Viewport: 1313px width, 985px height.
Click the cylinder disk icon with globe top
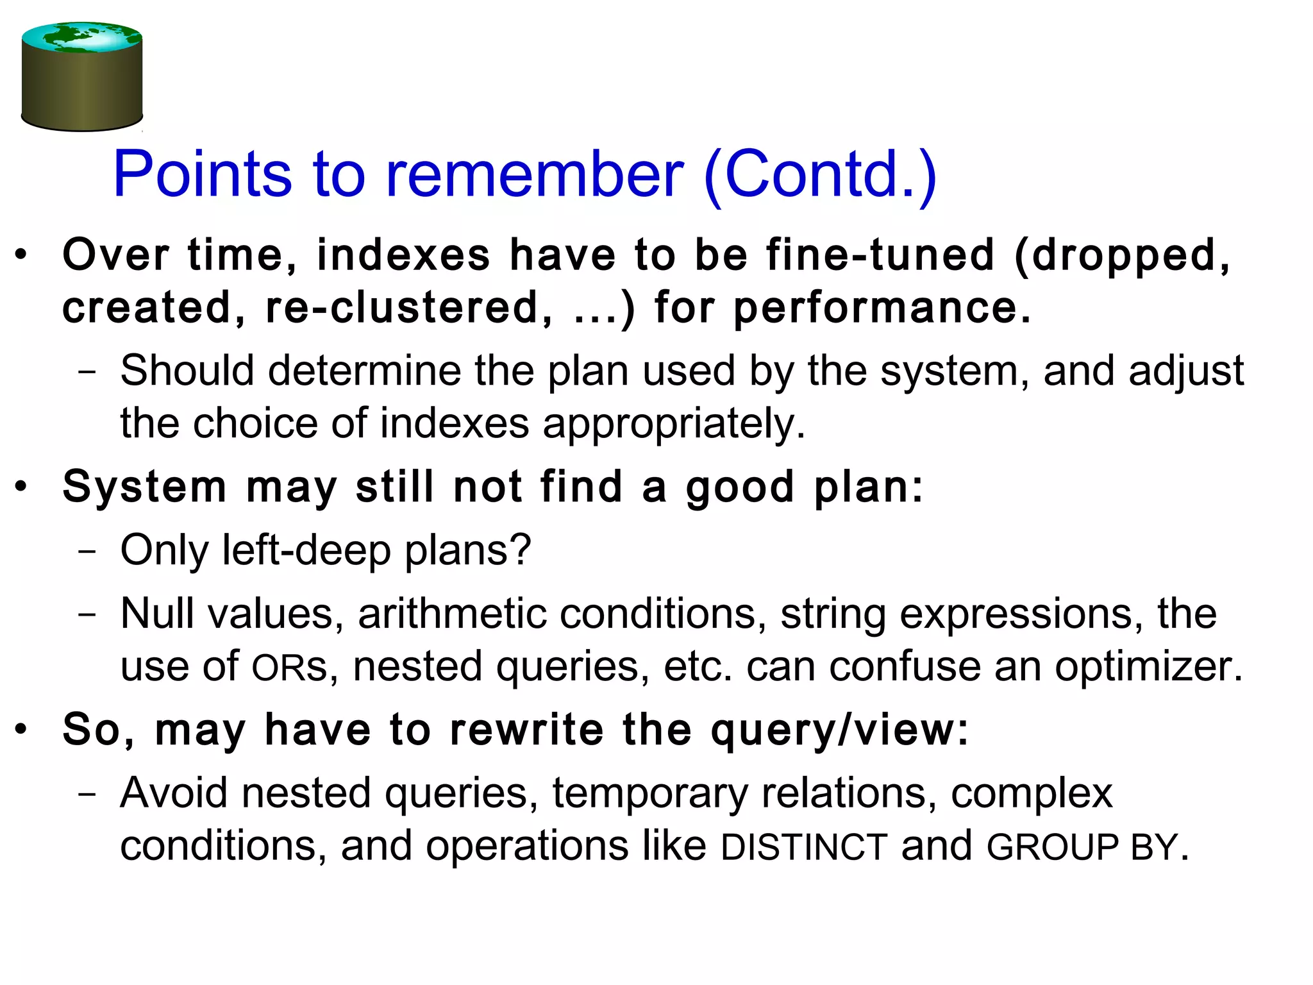[x=82, y=77]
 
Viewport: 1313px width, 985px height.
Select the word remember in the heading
[x=533, y=174]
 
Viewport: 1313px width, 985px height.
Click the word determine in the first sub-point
[x=364, y=371]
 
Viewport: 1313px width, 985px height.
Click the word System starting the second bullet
[x=145, y=488]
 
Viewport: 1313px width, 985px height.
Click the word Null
[x=157, y=614]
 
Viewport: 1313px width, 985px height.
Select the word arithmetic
[x=452, y=614]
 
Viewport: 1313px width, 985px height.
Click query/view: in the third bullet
[x=840, y=731]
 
